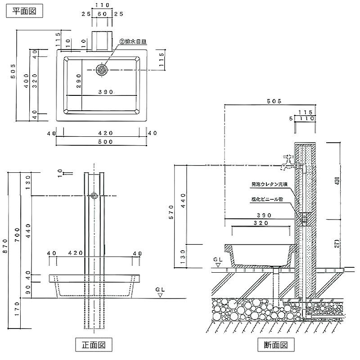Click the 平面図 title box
[x=24, y=11]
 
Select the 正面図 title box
[x=93, y=345]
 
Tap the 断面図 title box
[x=276, y=345]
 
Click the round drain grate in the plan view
[x=101, y=70]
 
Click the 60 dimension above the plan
[x=103, y=14]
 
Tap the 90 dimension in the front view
[x=28, y=288]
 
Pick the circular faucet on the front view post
[x=94, y=196]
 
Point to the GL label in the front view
[x=161, y=289]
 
